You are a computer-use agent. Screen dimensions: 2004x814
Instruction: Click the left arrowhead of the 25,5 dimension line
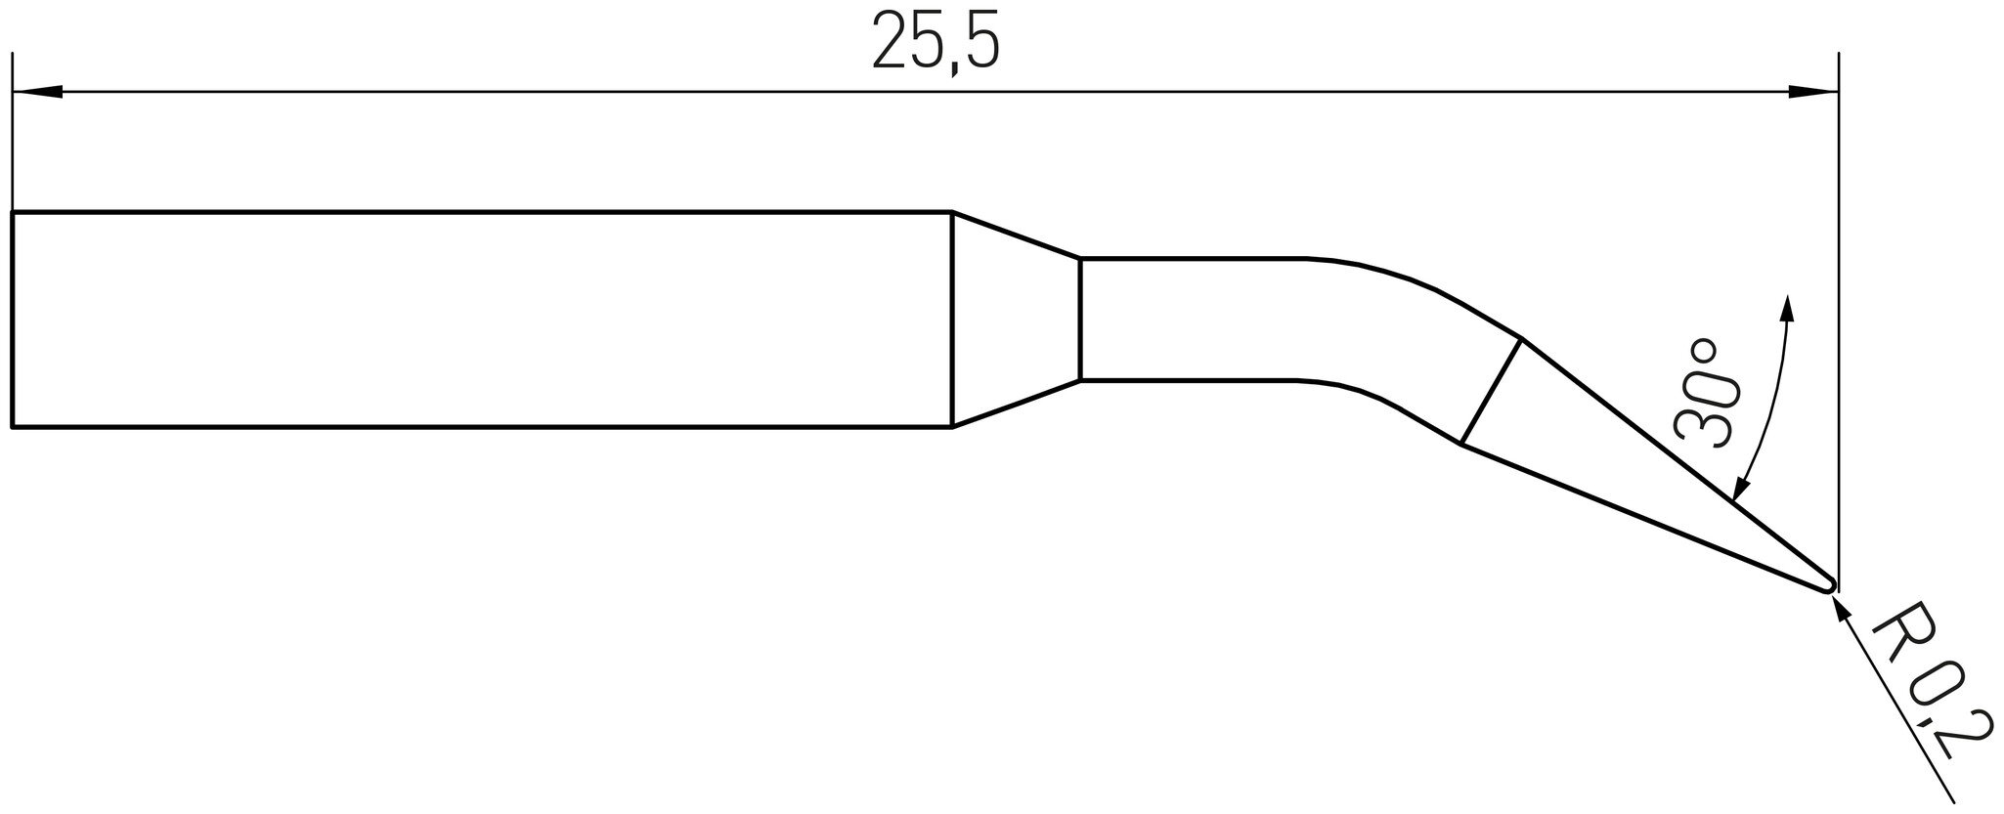pyautogui.click(x=38, y=93)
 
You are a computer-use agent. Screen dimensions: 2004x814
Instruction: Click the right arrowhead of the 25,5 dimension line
pyautogui.click(x=1813, y=93)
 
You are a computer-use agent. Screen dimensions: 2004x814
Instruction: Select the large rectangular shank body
pyautogui.click(x=482, y=320)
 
